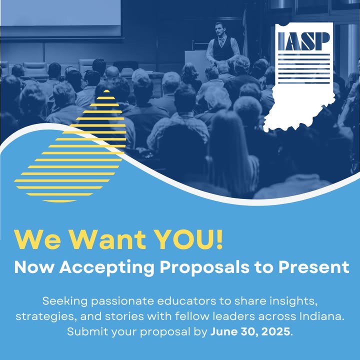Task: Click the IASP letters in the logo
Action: [304, 41]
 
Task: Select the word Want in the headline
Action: [107, 240]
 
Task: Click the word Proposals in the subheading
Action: [204, 267]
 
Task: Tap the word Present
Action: [313, 267]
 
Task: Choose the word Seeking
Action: [65, 301]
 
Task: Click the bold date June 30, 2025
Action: [250, 332]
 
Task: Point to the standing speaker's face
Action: [219, 29]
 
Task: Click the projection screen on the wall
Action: [60, 12]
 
